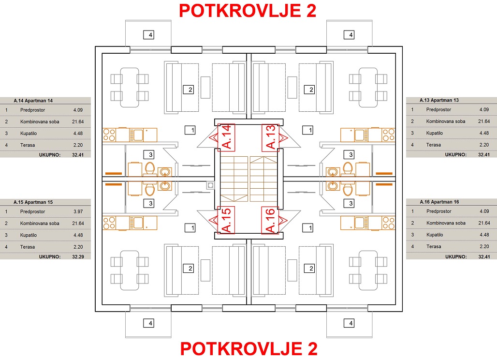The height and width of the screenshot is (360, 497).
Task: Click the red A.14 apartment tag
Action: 227,137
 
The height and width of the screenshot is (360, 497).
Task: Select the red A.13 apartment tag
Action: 270,137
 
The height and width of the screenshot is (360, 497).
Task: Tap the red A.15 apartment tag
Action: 227,220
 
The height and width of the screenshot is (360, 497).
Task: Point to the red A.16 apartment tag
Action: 270,220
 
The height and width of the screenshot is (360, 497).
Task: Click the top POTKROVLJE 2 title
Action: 248,11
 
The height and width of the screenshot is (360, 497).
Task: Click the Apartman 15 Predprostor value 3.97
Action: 78,211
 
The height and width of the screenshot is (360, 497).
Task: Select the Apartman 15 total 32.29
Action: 78,256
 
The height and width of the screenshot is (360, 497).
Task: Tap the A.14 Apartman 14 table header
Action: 33,101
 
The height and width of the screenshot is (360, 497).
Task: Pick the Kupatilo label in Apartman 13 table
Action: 434,133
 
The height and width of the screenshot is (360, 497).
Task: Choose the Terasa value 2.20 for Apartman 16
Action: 484,246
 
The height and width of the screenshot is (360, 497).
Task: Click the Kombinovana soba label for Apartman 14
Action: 40,122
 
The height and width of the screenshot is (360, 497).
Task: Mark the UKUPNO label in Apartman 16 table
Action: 456,256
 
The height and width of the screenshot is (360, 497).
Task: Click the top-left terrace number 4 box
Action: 149,34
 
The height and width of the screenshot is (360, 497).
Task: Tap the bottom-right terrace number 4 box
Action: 349,323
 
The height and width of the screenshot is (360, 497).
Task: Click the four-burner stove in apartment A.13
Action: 388,135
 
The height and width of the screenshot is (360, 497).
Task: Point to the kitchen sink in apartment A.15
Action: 138,223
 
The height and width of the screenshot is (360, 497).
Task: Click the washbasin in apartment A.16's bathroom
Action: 333,185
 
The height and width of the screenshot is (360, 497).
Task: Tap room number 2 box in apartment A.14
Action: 189,90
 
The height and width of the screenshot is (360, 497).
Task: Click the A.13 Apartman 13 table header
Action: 439,100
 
